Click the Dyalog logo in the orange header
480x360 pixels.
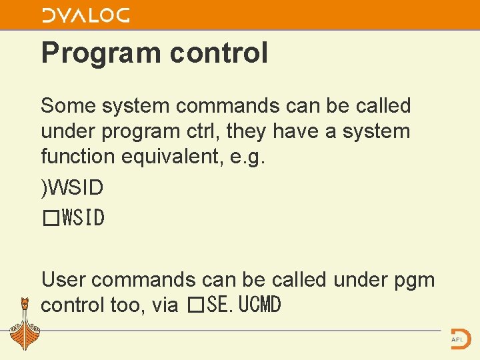(x=86, y=16)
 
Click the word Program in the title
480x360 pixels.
(x=101, y=53)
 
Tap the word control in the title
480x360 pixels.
(x=219, y=53)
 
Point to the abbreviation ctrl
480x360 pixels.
(x=203, y=131)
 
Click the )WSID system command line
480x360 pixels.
(x=72, y=188)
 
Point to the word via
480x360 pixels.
(x=165, y=305)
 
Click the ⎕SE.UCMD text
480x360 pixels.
(x=234, y=305)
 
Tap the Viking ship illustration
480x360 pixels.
(x=25, y=324)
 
